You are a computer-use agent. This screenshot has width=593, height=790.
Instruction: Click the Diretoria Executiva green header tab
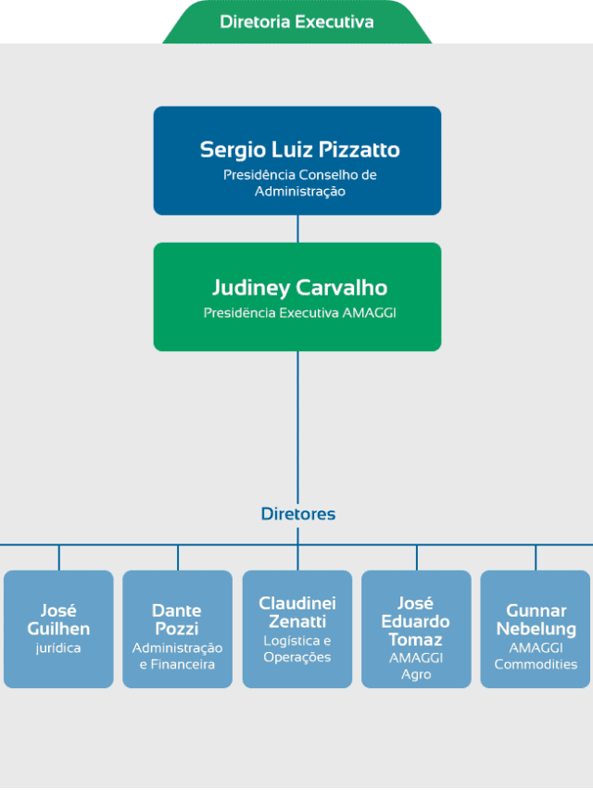pos(297,22)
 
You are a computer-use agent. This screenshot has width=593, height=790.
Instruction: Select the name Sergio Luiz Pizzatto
pos(300,150)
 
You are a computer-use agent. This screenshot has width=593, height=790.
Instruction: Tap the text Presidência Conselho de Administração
pos(300,182)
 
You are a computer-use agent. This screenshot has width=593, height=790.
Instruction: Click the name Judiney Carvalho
pos(299,288)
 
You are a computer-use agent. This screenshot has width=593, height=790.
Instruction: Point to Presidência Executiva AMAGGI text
pos(299,313)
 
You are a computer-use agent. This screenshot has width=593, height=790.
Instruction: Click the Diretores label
pos(298,514)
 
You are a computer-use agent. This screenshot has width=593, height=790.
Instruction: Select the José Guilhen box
pos(58,629)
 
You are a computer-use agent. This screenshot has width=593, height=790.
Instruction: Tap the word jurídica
pos(58,648)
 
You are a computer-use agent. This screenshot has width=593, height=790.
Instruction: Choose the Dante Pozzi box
pos(178,629)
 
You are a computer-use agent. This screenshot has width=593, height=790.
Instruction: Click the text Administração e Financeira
pos(178,656)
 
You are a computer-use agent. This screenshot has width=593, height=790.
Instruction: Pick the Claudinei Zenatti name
pos(297,612)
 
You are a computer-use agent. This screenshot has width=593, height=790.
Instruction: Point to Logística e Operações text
pos(297,649)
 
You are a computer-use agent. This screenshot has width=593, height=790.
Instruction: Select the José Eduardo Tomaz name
pos(415,621)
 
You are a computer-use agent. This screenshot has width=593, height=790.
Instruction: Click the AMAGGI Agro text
pos(416,666)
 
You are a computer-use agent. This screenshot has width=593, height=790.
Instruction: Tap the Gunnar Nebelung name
pos(536,620)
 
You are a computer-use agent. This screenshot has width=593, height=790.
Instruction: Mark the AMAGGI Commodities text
pos(536,656)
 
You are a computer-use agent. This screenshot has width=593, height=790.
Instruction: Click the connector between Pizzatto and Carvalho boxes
pos(297,229)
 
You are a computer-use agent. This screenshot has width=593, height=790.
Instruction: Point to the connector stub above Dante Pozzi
pos(178,558)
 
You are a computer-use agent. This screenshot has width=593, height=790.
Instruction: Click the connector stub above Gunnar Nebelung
pos(536,558)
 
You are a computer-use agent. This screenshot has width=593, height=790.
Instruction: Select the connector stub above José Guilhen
pos(59,558)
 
